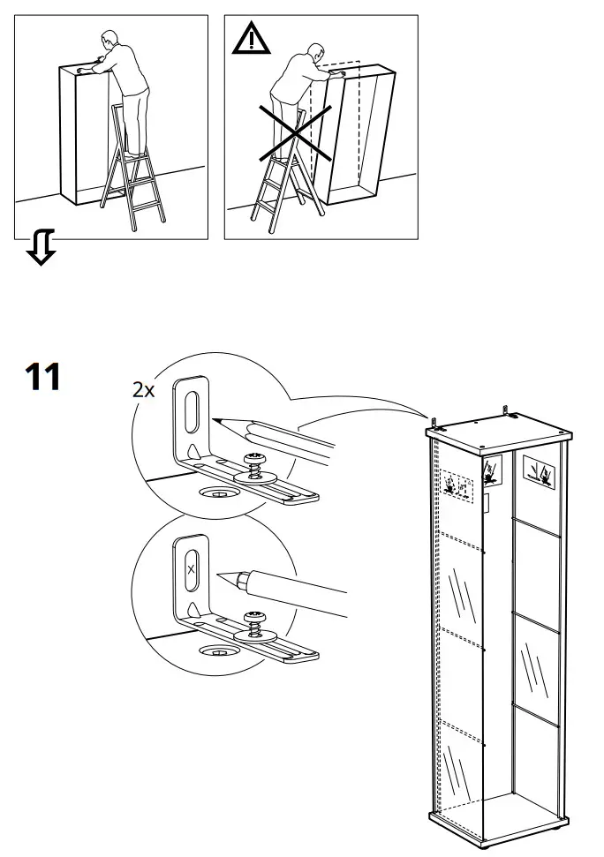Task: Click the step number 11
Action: pos(42,377)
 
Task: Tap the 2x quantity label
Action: pos(143,389)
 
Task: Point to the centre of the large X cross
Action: pos(295,133)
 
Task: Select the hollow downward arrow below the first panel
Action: pos(41,247)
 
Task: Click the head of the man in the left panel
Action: pos(109,41)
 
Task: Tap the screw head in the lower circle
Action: pos(255,616)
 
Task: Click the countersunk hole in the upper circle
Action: pos(216,492)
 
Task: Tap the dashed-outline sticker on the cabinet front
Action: pos(458,484)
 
